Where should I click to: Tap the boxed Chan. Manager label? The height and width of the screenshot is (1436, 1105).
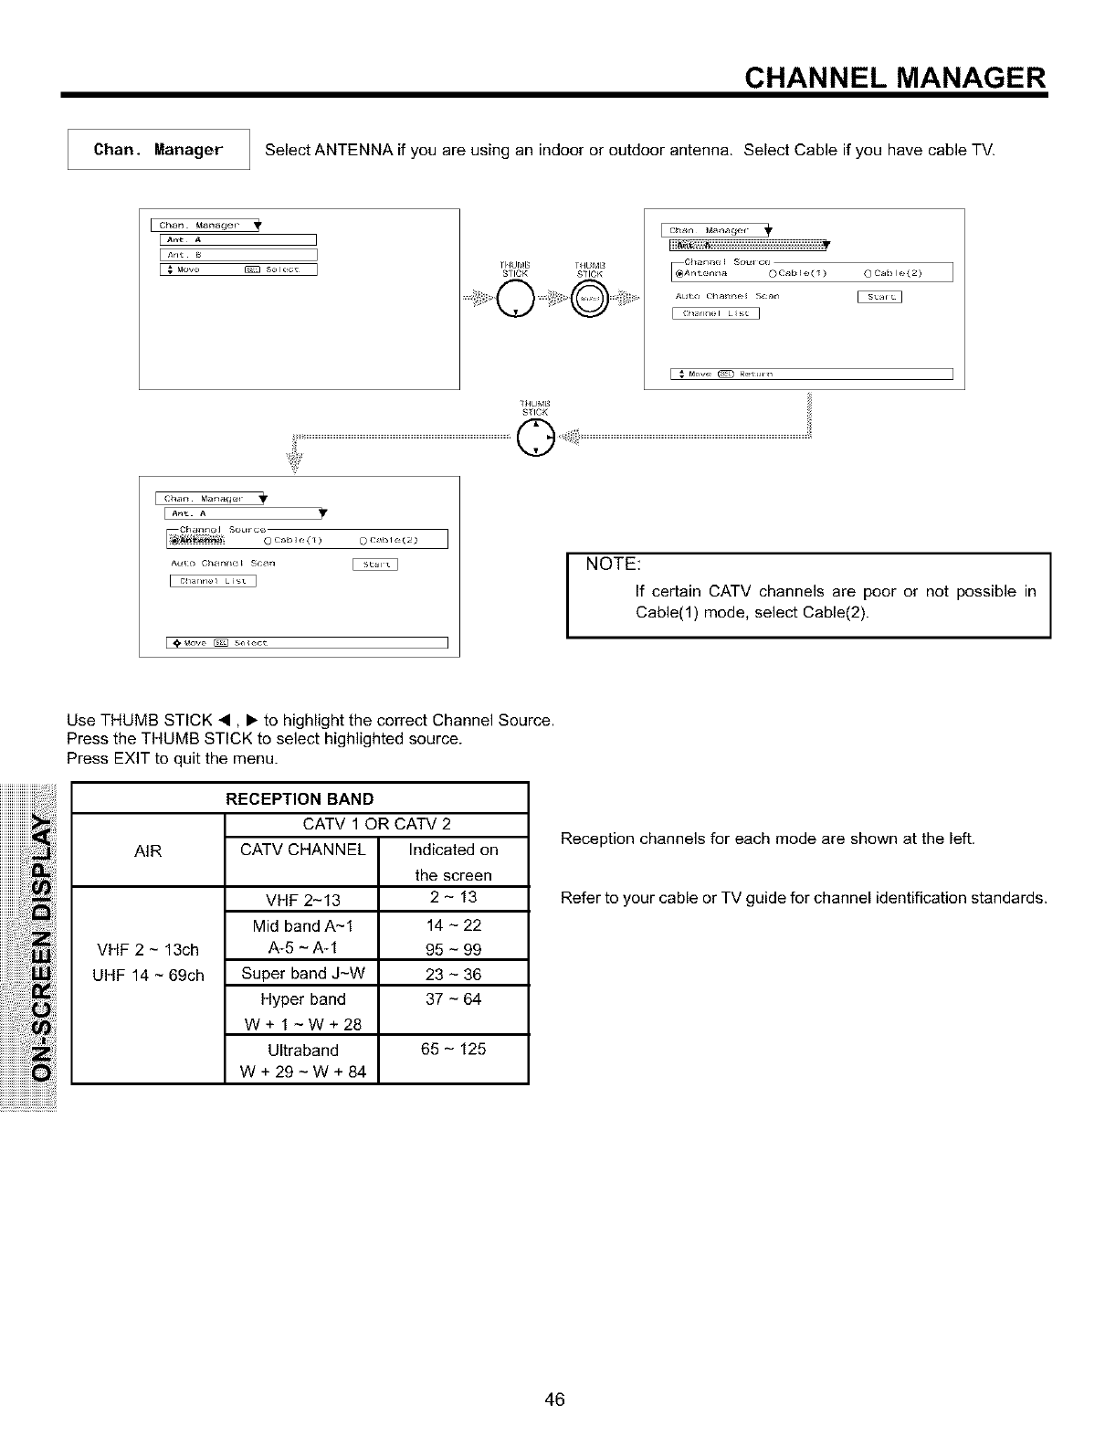click(159, 150)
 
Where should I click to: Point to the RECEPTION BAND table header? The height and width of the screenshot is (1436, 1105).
click(300, 800)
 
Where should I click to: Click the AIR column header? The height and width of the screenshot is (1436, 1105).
click(148, 851)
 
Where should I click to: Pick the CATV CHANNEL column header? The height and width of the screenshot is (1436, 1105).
click(302, 850)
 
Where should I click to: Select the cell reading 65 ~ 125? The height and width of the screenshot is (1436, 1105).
click(453, 1049)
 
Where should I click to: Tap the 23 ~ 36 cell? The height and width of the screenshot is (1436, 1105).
click(453, 974)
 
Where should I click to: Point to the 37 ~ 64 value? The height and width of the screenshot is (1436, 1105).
click(453, 998)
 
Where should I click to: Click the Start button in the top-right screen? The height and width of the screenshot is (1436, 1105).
click(879, 296)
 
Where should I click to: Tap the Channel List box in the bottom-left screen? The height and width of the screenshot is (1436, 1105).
click(213, 581)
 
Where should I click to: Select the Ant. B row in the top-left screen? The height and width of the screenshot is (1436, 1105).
click(237, 255)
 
